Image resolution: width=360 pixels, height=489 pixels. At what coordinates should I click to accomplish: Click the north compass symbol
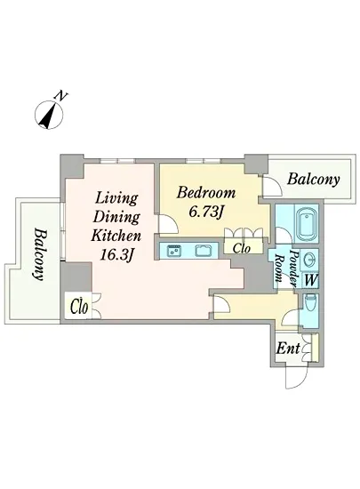click(49, 115)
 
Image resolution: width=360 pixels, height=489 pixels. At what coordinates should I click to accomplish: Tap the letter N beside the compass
click(60, 96)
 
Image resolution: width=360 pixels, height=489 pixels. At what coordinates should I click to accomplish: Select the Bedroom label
click(206, 193)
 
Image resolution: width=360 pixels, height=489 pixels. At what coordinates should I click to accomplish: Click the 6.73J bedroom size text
click(206, 212)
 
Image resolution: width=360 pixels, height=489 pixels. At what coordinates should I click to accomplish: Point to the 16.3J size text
click(116, 255)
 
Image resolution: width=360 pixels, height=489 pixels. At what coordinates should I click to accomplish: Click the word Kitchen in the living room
click(116, 236)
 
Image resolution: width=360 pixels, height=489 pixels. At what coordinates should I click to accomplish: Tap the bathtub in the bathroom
click(307, 223)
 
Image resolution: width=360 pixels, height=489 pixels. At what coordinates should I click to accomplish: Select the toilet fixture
click(310, 303)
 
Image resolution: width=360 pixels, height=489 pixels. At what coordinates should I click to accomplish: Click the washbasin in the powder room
click(310, 260)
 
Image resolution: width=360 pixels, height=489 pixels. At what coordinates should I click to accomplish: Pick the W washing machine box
click(310, 280)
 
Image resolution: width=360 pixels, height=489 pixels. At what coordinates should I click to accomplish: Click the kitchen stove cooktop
click(173, 251)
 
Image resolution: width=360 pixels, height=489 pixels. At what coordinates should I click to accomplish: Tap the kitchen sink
click(203, 251)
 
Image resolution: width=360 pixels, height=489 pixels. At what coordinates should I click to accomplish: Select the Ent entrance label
click(288, 349)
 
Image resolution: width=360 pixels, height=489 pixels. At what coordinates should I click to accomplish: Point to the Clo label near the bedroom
click(242, 248)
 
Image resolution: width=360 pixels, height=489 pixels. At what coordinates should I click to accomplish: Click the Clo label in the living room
click(79, 307)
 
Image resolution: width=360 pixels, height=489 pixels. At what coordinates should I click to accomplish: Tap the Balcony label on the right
click(313, 180)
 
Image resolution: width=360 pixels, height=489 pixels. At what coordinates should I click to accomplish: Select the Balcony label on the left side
click(41, 255)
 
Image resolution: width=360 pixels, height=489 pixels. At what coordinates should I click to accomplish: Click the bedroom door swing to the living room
click(168, 224)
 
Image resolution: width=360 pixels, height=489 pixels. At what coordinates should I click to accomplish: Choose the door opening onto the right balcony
click(272, 187)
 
